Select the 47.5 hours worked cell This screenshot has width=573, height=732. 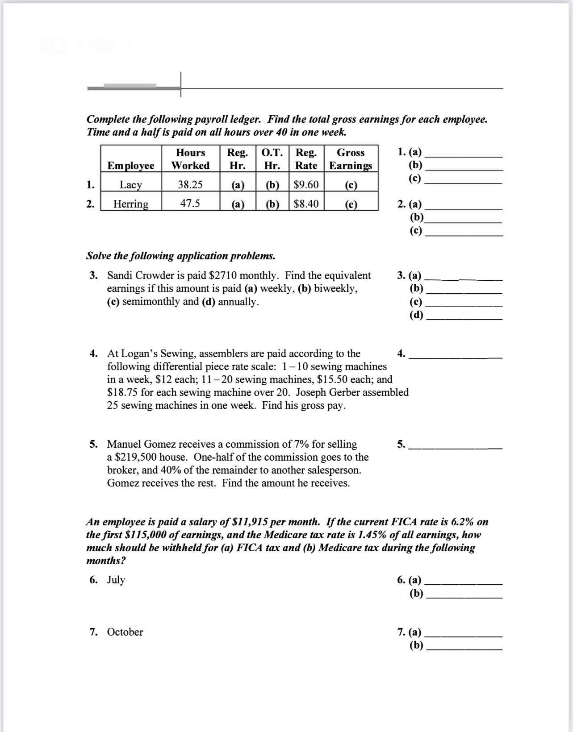(190, 204)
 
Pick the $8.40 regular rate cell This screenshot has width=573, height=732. (306, 204)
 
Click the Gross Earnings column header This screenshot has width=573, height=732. (351, 159)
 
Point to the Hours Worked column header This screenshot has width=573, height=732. (190, 159)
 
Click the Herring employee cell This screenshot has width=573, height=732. (131, 204)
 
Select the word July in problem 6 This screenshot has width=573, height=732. (116, 580)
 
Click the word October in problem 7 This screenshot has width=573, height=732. (125, 632)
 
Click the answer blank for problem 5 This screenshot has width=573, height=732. (456, 447)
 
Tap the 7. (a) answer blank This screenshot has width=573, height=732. (464, 634)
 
